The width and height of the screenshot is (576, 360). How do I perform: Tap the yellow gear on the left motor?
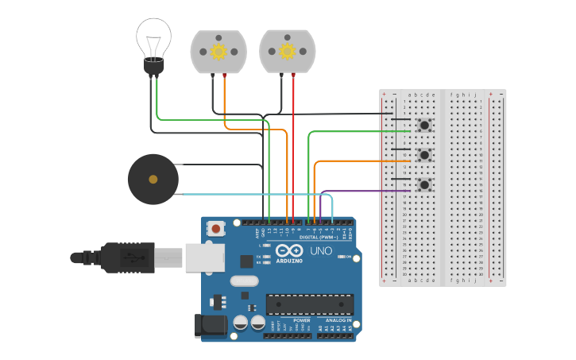coord(218,51)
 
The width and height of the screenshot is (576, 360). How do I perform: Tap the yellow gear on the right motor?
coord(288,51)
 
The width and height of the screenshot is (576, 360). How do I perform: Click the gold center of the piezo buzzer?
coord(153,180)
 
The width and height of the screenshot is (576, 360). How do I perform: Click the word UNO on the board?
coord(320,250)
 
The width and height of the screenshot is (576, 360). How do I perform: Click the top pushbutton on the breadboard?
coord(425,125)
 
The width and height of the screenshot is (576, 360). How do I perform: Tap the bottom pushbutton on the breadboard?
coord(425,184)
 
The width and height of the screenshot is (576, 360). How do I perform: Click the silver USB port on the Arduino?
coord(205,258)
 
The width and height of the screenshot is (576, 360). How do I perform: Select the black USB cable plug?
coord(127,257)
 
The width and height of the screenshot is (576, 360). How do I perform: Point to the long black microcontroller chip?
coord(310,304)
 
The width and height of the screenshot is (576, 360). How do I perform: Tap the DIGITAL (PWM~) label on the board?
coord(318,237)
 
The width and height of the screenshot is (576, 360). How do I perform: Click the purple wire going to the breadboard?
coord(365,191)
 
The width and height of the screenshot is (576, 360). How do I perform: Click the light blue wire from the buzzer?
coord(254,194)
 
